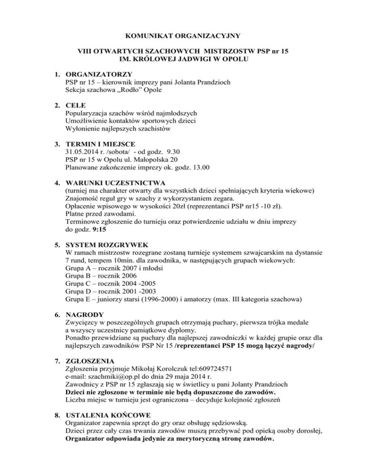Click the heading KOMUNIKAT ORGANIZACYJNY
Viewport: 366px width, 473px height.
183,35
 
